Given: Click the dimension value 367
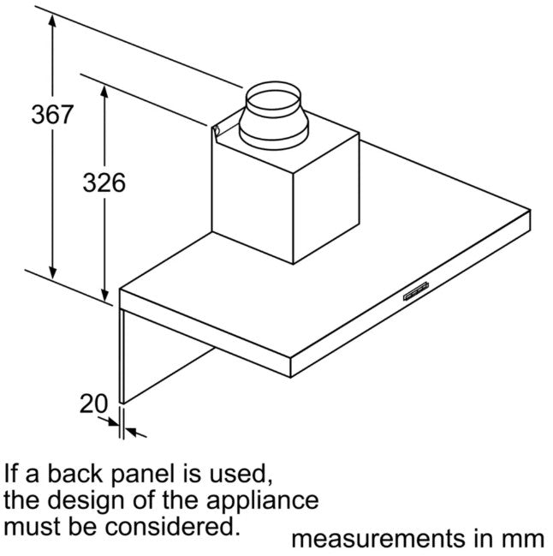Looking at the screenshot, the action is [x=52, y=114].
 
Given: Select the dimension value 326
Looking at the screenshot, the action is [x=104, y=182].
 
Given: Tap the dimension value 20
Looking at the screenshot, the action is [x=93, y=404].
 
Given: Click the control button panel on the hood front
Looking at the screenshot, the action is [x=416, y=291].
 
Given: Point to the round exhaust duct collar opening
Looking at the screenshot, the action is [x=273, y=99].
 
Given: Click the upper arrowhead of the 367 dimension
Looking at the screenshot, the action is [x=52, y=21].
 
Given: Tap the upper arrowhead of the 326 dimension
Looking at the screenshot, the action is [x=104, y=92].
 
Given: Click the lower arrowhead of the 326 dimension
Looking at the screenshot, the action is [x=104, y=294].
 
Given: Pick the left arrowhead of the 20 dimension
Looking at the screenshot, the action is [x=113, y=422].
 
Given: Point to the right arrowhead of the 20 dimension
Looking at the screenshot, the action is [x=131, y=432].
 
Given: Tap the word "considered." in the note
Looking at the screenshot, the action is [x=170, y=526].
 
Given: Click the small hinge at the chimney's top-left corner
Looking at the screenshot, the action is [x=216, y=130].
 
